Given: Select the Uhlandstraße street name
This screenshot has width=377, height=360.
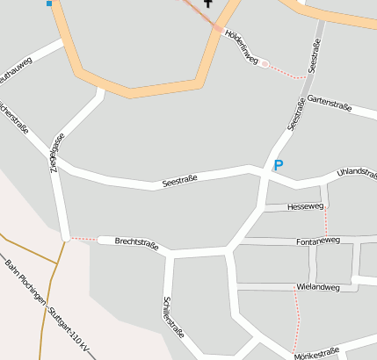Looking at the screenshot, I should click(356, 173).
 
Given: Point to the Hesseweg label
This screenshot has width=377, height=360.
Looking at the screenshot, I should click(306, 207).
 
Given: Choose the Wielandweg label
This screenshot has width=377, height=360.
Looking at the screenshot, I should click(318, 287).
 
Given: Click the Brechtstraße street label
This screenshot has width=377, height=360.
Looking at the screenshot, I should click(136, 243).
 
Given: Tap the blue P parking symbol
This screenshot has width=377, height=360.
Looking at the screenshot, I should click(279, 165).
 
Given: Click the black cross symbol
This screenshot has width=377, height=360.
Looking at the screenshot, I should click(208, 4).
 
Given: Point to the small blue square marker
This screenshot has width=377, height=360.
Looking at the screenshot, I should click(49, 4).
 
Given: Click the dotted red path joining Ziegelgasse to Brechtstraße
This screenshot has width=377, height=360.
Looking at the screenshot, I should click(84, 238).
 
